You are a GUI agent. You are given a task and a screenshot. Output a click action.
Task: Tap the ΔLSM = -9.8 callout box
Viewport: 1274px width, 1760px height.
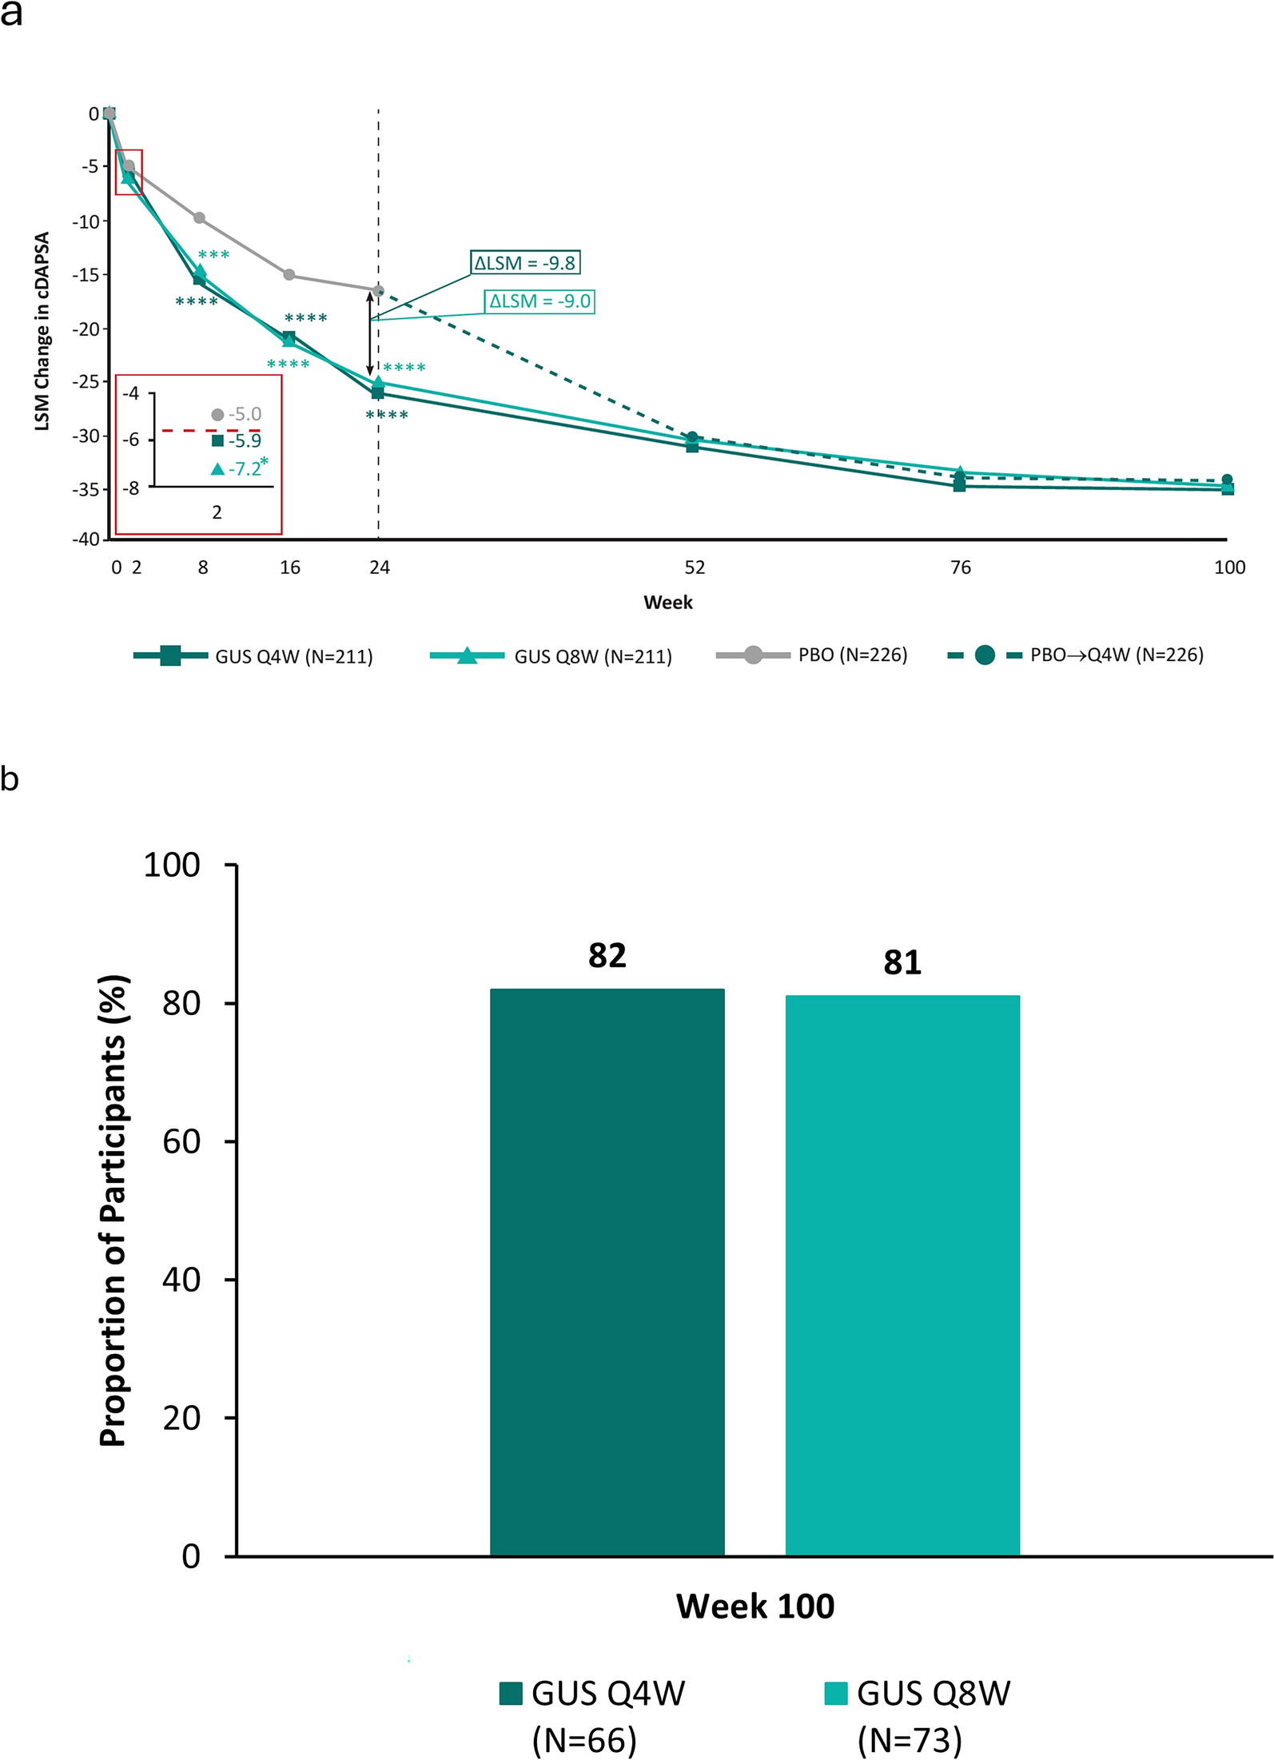click(524, 263)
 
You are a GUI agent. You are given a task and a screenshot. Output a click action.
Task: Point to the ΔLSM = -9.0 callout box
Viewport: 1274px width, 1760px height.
click(539, 301)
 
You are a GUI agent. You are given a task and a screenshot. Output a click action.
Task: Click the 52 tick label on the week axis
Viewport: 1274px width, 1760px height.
click(695, 567)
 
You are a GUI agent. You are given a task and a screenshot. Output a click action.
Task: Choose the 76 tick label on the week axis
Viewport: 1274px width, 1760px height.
click(960, 567)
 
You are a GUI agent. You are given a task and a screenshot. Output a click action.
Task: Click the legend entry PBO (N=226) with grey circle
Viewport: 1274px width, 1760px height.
click(811, 655)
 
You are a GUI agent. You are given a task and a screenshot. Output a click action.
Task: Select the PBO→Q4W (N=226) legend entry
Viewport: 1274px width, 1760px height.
click(1075, 655)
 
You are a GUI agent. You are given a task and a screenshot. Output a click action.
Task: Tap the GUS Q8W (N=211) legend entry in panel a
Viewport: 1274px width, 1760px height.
click(551, 656)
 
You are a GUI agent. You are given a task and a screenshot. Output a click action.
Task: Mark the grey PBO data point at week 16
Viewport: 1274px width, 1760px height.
click(289, 275)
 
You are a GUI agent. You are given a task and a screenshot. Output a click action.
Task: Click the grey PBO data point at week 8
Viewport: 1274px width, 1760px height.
click(199, 218)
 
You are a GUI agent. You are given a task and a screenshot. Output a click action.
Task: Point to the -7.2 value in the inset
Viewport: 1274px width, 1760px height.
click(244, 468)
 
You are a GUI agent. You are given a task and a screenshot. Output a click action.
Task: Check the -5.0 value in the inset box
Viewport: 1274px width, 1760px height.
click(245, 414)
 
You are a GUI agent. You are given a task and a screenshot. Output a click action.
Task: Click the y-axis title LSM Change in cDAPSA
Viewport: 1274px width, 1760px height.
click(42, 331)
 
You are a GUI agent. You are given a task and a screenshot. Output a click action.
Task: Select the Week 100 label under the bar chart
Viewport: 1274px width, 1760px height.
click(754, 1606)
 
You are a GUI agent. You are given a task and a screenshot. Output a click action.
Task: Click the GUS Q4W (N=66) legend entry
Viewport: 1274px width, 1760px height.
click(592, 1715)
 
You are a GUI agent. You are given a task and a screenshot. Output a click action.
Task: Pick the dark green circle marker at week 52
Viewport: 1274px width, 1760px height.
click(692, 437)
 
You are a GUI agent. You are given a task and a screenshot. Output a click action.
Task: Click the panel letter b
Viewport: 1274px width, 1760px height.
click(10, 778)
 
